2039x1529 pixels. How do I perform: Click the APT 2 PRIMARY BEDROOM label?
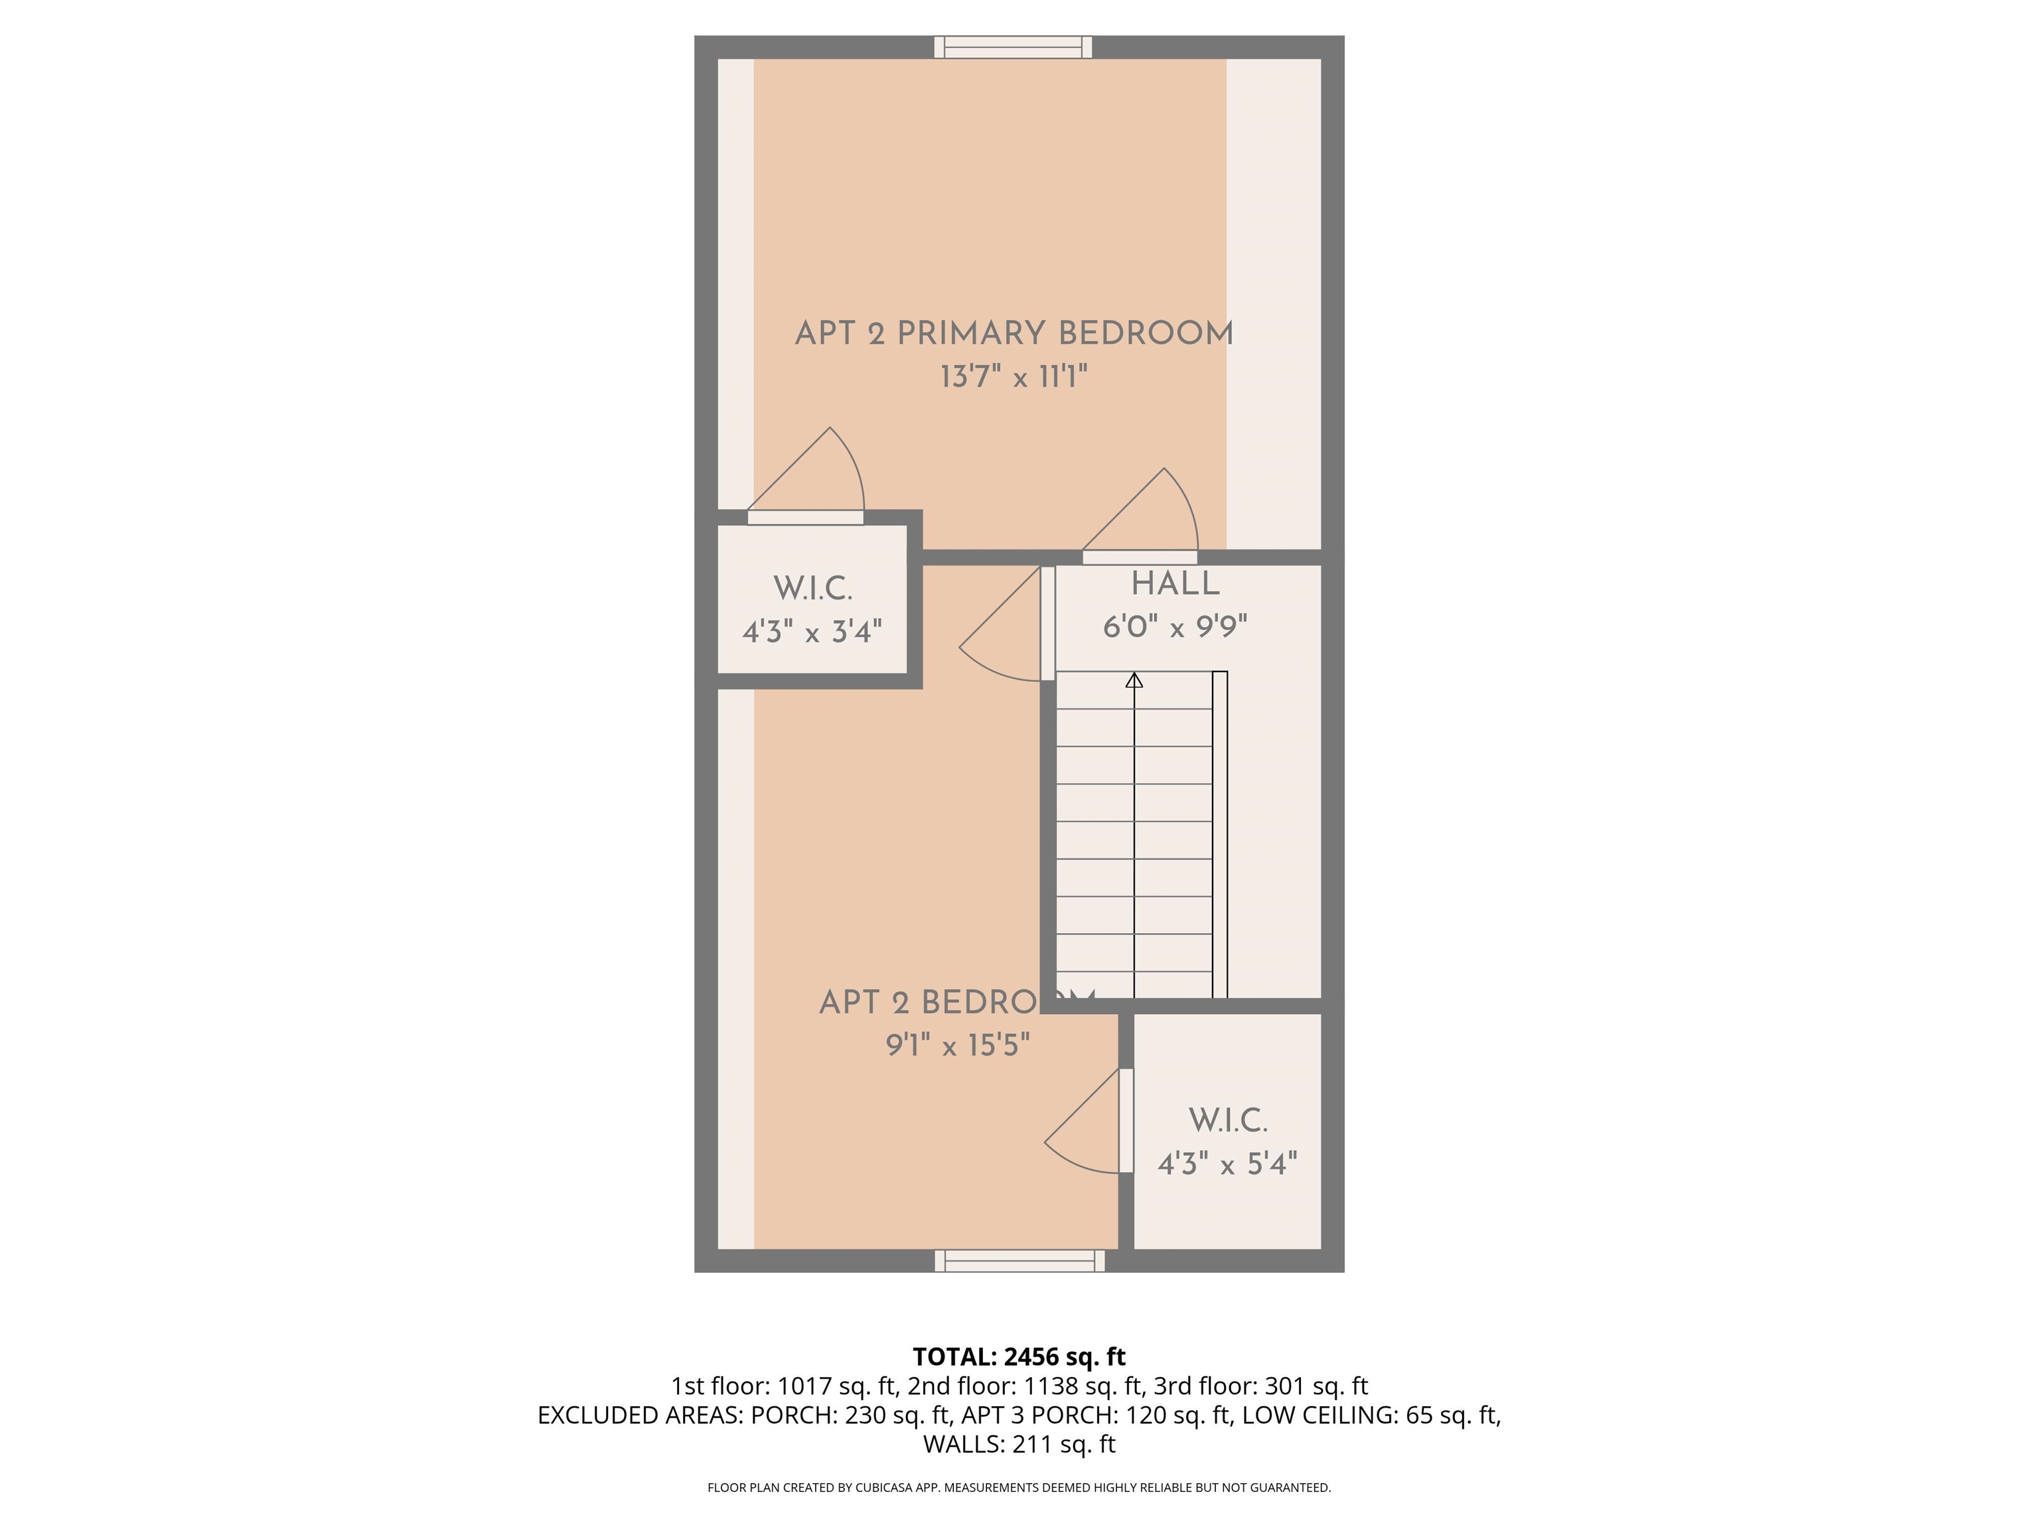pyautogui.click(x=1014, y=332)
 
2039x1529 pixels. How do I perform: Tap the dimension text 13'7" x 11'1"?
pyautogui.click(x=1014, y=377)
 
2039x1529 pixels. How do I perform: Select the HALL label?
pyautogui.click(x=1175, y=583)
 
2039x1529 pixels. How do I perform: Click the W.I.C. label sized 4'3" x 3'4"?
pyautogui.click(x=812, y=588)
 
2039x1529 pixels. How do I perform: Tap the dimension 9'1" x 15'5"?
pyautogui.click(x=958, y=1045)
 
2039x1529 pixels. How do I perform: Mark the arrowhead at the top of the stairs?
pyautogui.click(x=1134, y=681)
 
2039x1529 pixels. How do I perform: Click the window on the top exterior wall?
pyautogui.click(x=1013, y=47)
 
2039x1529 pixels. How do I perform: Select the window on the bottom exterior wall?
pyautogui.click(x=1019, y=1261)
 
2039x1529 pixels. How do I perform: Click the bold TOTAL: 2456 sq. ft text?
pyautogui.click(x=1019, y=1356)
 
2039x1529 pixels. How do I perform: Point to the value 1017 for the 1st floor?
pyautogui.click(x=804, y=1386)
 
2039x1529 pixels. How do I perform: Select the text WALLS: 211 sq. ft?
pyautogui.click(x=1019, y=1444)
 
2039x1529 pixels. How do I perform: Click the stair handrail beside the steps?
pyautogui.click(x=1219, y=834)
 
